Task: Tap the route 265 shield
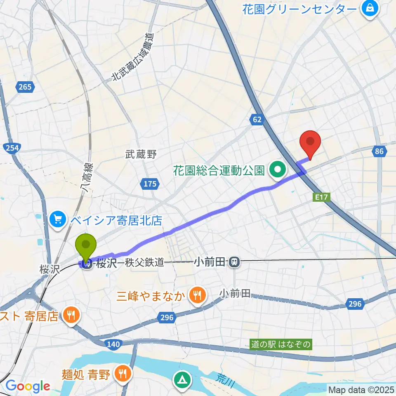[25, 87]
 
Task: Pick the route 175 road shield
[150, 184]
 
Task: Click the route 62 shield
[256, 120]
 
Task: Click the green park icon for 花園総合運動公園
[278, 170]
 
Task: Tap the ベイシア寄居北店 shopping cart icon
[57, 218]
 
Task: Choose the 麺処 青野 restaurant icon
[123, 374]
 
